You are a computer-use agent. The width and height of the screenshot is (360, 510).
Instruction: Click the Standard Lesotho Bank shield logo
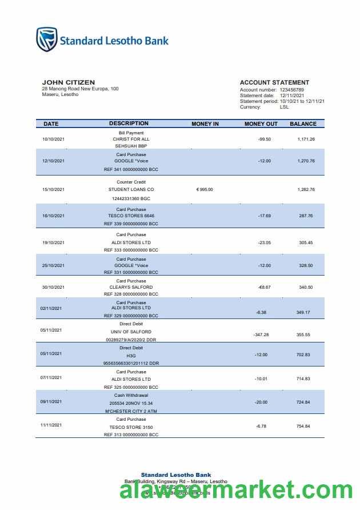47,40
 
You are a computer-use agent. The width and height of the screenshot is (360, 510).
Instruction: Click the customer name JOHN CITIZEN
69,82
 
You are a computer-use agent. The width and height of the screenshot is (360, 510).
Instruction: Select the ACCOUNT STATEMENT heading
274,82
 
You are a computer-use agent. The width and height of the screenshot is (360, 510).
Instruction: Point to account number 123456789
291,90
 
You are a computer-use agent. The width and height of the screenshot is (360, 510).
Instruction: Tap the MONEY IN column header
205,123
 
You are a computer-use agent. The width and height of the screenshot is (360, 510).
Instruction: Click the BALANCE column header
303,123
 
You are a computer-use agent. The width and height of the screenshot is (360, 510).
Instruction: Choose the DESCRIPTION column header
129,123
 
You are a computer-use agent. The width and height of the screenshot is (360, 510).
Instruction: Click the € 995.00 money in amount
204,189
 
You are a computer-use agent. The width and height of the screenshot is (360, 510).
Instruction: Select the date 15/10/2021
54,189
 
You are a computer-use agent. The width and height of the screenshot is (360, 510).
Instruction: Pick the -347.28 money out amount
261,334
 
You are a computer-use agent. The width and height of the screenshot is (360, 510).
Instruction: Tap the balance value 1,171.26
306,139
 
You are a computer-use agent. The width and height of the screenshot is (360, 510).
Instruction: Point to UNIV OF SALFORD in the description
131,332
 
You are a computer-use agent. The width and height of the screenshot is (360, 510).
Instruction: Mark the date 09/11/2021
51,401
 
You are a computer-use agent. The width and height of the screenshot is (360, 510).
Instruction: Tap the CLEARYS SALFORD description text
131,287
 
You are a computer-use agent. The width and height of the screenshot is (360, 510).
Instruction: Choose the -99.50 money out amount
264,139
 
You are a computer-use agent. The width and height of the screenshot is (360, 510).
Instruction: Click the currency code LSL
284,107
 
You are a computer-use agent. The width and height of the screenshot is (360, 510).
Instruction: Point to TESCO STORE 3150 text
131,427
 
